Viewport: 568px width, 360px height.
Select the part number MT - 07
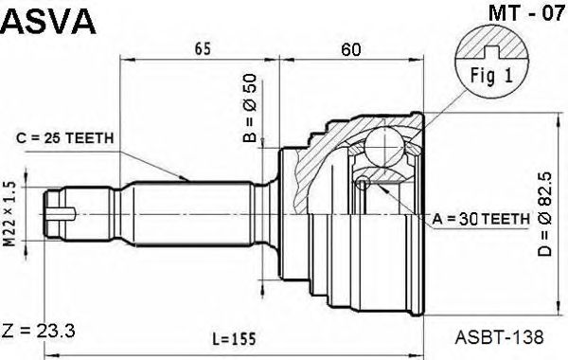(526, 13)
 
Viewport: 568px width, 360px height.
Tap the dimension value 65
(203, 49)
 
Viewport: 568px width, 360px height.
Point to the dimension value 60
(351, 49)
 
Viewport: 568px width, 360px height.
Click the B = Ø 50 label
(250, 108)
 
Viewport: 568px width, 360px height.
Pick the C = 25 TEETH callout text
(65, 138)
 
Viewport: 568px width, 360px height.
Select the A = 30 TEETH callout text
(481, 219)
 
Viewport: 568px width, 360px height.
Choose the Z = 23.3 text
(39, 331)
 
